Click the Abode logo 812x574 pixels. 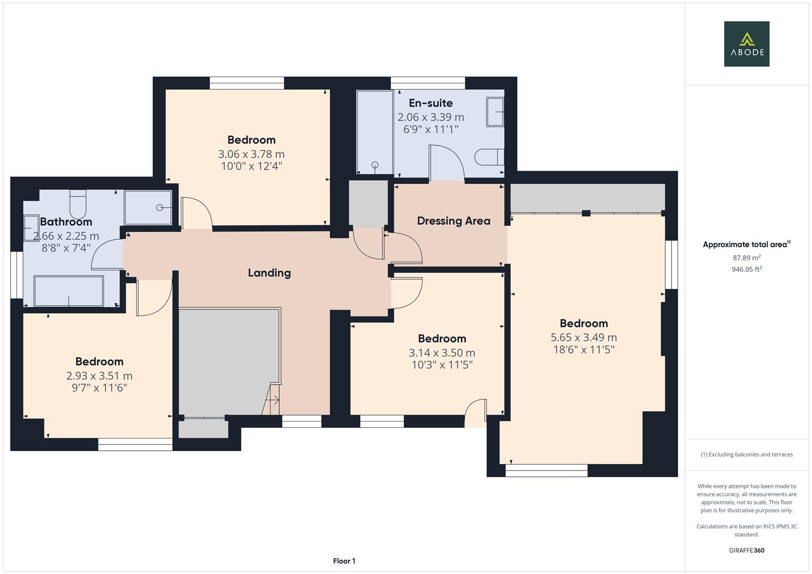pyautogui.click(x=747, y=44)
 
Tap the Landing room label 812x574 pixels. pyautogui.click(x=269, y=273)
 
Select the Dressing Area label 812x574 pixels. pyautogui.click(x=454, y=221)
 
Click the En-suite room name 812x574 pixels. pyautogui.click(x=431, y=103)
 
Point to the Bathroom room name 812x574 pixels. pyautogui.click(x=66, y=222)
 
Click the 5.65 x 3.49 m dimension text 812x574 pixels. pyautogui.click(x=583, y=337)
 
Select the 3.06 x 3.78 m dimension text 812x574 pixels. pyautogui.click(x=251, y=154)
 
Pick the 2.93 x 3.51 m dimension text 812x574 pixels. pyautogui.click(x=99, y=376)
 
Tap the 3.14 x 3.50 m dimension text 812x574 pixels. pyautogui.click(x=442, y=353)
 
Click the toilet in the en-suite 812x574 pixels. pyautogui.click(x=489, y=157)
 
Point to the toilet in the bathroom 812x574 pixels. pyautogui.click(x=78, y=202)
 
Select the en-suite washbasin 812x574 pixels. pyautogui.click(x=495, y=112)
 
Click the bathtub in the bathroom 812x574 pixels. pyautogui.click(x=69, y=291)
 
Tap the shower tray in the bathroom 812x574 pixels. pyautogui.click(x=148, y=207)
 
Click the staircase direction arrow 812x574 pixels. pyautogui.click(x=274, y=400)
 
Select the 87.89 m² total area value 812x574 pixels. pyautogui.click(x=747, y=258)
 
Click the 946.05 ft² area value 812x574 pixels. pyautogui.click(x=747, y=269)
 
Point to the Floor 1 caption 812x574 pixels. pyautogui.click(x=344, y=561)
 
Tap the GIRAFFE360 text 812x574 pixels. pyautogui.click(x=747, y=550)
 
